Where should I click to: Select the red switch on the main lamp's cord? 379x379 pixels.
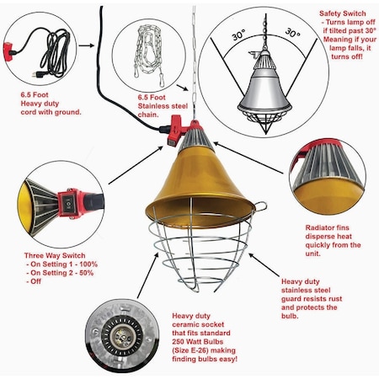175,128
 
